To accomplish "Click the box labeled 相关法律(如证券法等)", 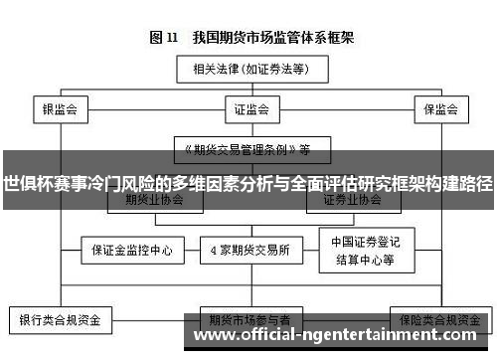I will pos(248,71).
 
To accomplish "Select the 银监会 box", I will pos(60,108).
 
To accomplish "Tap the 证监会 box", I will pos(248,108).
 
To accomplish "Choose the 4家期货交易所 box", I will pos(248,249).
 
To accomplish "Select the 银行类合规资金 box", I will pos(60,321).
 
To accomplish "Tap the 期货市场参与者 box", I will pos(248,321).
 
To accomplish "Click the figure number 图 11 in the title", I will pos(164,39).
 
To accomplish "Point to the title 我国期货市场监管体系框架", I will pos(267,39).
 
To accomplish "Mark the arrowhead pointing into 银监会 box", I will pos(60,95).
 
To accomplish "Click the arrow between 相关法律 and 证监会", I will pos(248,89).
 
